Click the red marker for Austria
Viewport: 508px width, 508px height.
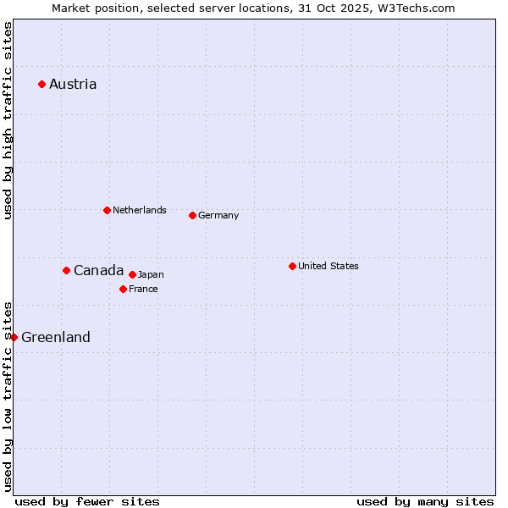pyautogui.click(x=41, y=84)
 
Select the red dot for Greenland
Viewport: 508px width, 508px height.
pyautogui.click(x=14, y=337)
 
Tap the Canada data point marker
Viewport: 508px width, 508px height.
pyautogui.click(x=66, y=270)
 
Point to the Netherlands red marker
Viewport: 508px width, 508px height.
pyautogui.click(x=107, y=210)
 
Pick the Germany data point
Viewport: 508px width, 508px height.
pyautogui.click(x=192, y=215)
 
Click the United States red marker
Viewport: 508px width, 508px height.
pyautogui.click(x=292, y=266)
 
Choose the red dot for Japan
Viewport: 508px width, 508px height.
pyautogui.click(x=132, y=274)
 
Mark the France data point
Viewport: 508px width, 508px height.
pyautogui.click(x=123, y=289)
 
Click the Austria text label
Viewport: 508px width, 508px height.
pyautogui.click(x=73, y=84)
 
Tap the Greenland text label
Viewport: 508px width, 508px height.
pyautogui.click(x=56, y=337)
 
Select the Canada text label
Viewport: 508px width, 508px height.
pyautogui.click(x=98, y=270)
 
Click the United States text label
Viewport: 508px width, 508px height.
pyautogui.click(x=329, y=266)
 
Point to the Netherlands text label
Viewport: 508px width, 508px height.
pyautogui.click(x=140, y=210)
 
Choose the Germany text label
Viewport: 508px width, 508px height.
pyautogui.click(x=218, y=215)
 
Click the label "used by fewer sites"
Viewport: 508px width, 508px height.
pyautogui.click(x=87, y=501)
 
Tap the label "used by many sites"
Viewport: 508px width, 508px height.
pyautogui.click(x=425, y=501)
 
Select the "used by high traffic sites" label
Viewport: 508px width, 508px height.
pyautogui.click(x=8, y=120)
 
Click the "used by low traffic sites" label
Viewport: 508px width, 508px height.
pyautogui.click(x=8, y=395)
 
